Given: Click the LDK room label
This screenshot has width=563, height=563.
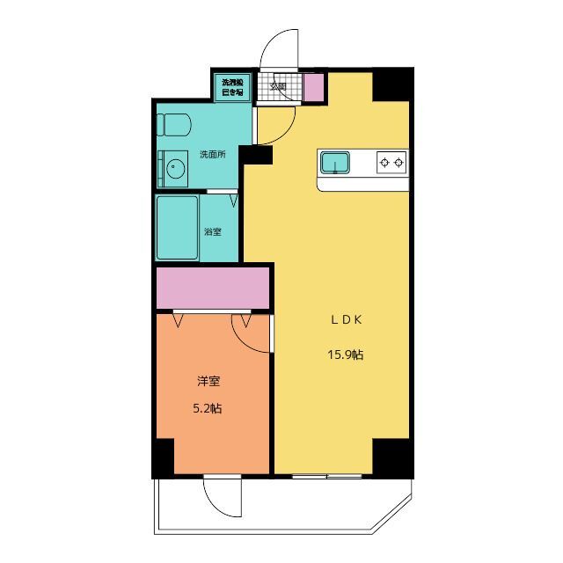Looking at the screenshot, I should (x=346, y=321).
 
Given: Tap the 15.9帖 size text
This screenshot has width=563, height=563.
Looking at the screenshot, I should (x=346, y=355).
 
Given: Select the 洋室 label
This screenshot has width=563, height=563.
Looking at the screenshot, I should (x=208, y=382).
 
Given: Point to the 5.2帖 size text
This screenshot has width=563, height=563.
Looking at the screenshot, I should (x=208, y=408).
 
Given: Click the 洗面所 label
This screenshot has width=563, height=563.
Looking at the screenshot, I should (x=212, y=154).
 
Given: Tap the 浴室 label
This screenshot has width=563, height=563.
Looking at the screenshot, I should (x=213, y=231).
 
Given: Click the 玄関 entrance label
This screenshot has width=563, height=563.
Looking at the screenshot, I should (x=278, y=86).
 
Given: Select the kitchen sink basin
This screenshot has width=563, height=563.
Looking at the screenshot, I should (x=335, y=162).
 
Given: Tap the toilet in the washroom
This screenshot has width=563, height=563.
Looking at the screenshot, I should (x=173, y=124).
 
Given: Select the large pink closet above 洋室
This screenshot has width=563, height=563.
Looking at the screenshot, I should (x=212, y=288).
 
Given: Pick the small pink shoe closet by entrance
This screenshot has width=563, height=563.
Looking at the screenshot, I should (x=313, y=87).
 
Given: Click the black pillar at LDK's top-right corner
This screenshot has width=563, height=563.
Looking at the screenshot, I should (x=392, y=82).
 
